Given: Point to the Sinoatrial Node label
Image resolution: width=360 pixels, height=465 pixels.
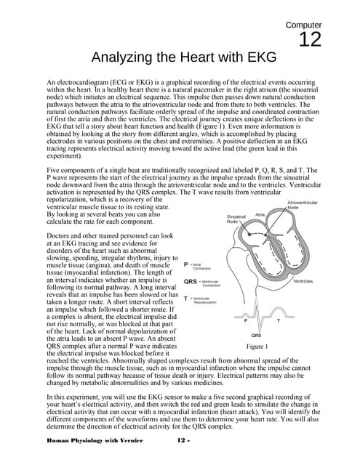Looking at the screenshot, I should (x=238, y=218).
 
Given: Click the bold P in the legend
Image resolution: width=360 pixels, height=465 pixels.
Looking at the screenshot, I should (x=187, y=264).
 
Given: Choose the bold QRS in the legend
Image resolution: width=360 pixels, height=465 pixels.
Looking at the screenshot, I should (x=191, y=281).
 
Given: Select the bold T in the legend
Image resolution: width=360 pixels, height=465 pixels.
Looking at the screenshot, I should (x=187, y=298).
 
